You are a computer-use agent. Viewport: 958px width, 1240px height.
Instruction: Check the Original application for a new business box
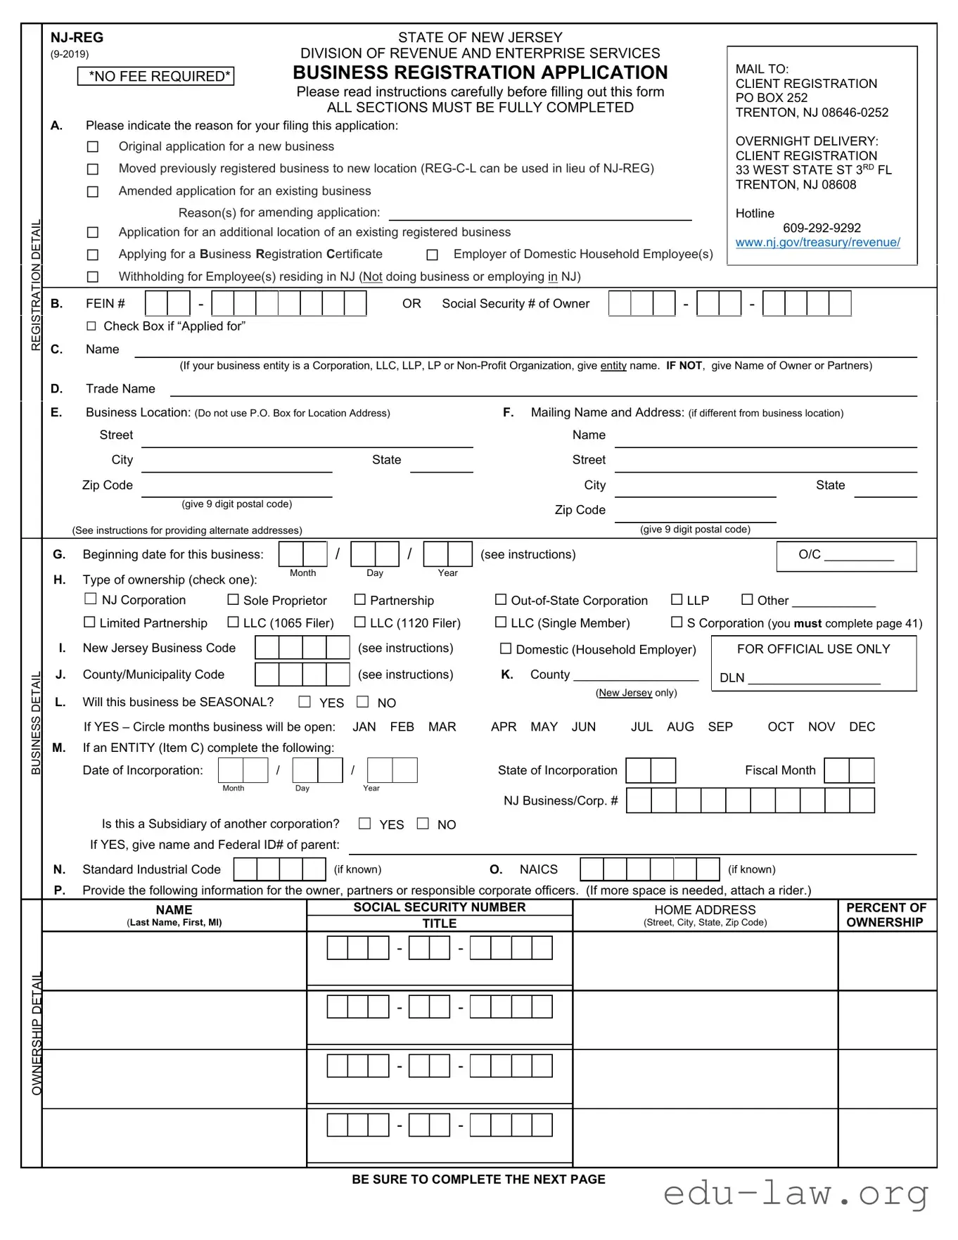(x=92, y=147)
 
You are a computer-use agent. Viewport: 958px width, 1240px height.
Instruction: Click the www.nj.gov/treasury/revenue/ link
(x=817, y=243)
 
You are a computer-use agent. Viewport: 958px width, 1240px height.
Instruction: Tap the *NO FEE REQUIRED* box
(x=155, y=77)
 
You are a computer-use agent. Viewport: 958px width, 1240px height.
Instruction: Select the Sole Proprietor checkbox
(x=233, y=600)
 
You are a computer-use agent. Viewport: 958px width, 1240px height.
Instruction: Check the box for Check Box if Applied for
(x=91, y=326)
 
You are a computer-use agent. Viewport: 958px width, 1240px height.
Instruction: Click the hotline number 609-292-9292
(x=822, y=228)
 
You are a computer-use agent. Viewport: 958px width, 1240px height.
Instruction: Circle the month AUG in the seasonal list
(x=680, y=727)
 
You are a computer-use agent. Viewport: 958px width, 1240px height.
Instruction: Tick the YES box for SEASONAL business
(x=305, y=702)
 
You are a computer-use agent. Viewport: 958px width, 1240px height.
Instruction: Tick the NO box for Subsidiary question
(x=423, y=824)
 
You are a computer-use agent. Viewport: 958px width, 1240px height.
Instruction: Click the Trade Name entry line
(x=543, y=390)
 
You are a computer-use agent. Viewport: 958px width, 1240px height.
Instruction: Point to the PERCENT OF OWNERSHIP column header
(x=886, y=915)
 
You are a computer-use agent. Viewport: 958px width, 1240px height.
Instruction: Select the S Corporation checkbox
(x=677, y=622)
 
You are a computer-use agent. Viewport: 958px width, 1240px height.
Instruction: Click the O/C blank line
(x=858, y=556)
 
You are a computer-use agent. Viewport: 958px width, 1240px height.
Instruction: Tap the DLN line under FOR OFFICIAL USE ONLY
(x=814, y=679)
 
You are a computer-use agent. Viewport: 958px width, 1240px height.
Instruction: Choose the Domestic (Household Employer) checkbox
(x=505, y=648)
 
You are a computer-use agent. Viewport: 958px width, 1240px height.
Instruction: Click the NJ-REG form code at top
(x=77, y=38)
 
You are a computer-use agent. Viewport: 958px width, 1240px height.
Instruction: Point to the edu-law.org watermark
(x=796, y=1194)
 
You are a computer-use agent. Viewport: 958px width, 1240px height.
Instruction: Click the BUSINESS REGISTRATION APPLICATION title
(x=480, y=73)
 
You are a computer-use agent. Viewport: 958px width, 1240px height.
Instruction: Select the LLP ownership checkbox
(x=677, y=600)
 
